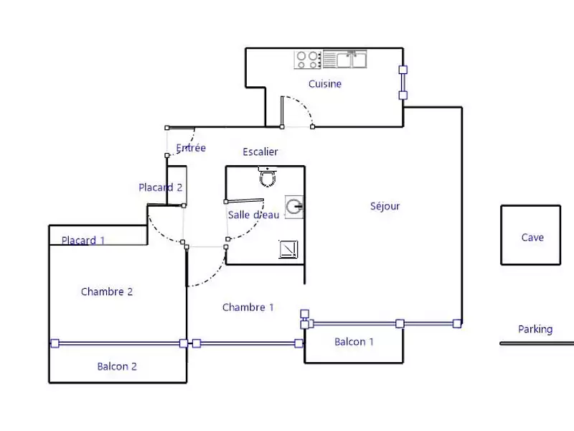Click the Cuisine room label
click(325, 84)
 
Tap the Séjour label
click(385, 206)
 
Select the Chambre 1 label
click(248, 307)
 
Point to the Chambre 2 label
click(107, 292)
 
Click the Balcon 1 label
click(354, 342)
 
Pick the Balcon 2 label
click(117, 366)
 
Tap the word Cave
click(532, 237)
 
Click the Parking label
click(535, 329)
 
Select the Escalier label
click(260, 152)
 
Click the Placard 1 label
click(83, 241)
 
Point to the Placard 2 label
click(160, 187)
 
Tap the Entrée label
click(191, 148)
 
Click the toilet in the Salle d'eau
click(268, 176)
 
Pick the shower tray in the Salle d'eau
click(289, 249)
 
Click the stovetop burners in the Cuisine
click(308, 59)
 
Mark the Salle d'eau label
click(253, 215)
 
